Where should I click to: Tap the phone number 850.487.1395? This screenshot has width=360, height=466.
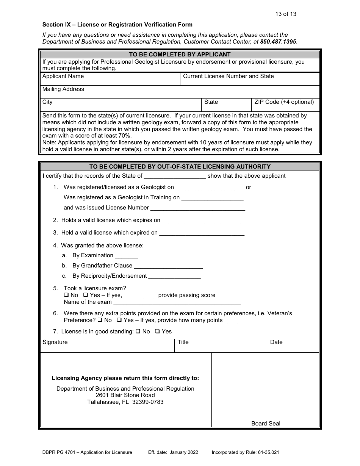tap(278, 42)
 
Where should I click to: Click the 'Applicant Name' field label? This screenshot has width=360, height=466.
tap(63, 76)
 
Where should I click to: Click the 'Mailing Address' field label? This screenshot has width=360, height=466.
tap(63, 89)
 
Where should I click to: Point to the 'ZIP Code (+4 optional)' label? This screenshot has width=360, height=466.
tap(284, 102)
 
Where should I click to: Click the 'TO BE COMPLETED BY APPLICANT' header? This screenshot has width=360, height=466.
tap(180, 55)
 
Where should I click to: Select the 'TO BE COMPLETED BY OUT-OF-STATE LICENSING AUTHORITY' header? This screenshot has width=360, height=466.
tap(180, 167)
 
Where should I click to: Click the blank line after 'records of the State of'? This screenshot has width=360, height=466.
tap(175, 176)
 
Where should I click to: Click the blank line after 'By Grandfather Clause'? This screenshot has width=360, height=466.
tap(168, 266)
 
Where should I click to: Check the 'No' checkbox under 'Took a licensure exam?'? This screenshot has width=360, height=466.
tap(66, 295)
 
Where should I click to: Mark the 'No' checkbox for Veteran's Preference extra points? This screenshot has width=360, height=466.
tap(100, 320)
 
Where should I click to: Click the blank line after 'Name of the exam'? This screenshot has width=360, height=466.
tap(177, 302)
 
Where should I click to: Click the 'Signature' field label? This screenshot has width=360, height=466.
tap(55, 342)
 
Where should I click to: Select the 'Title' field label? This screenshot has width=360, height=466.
tap(183, 342)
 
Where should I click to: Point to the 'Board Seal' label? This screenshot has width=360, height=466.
tap(266, 424)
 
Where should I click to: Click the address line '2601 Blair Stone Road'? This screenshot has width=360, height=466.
tap(125, 395)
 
